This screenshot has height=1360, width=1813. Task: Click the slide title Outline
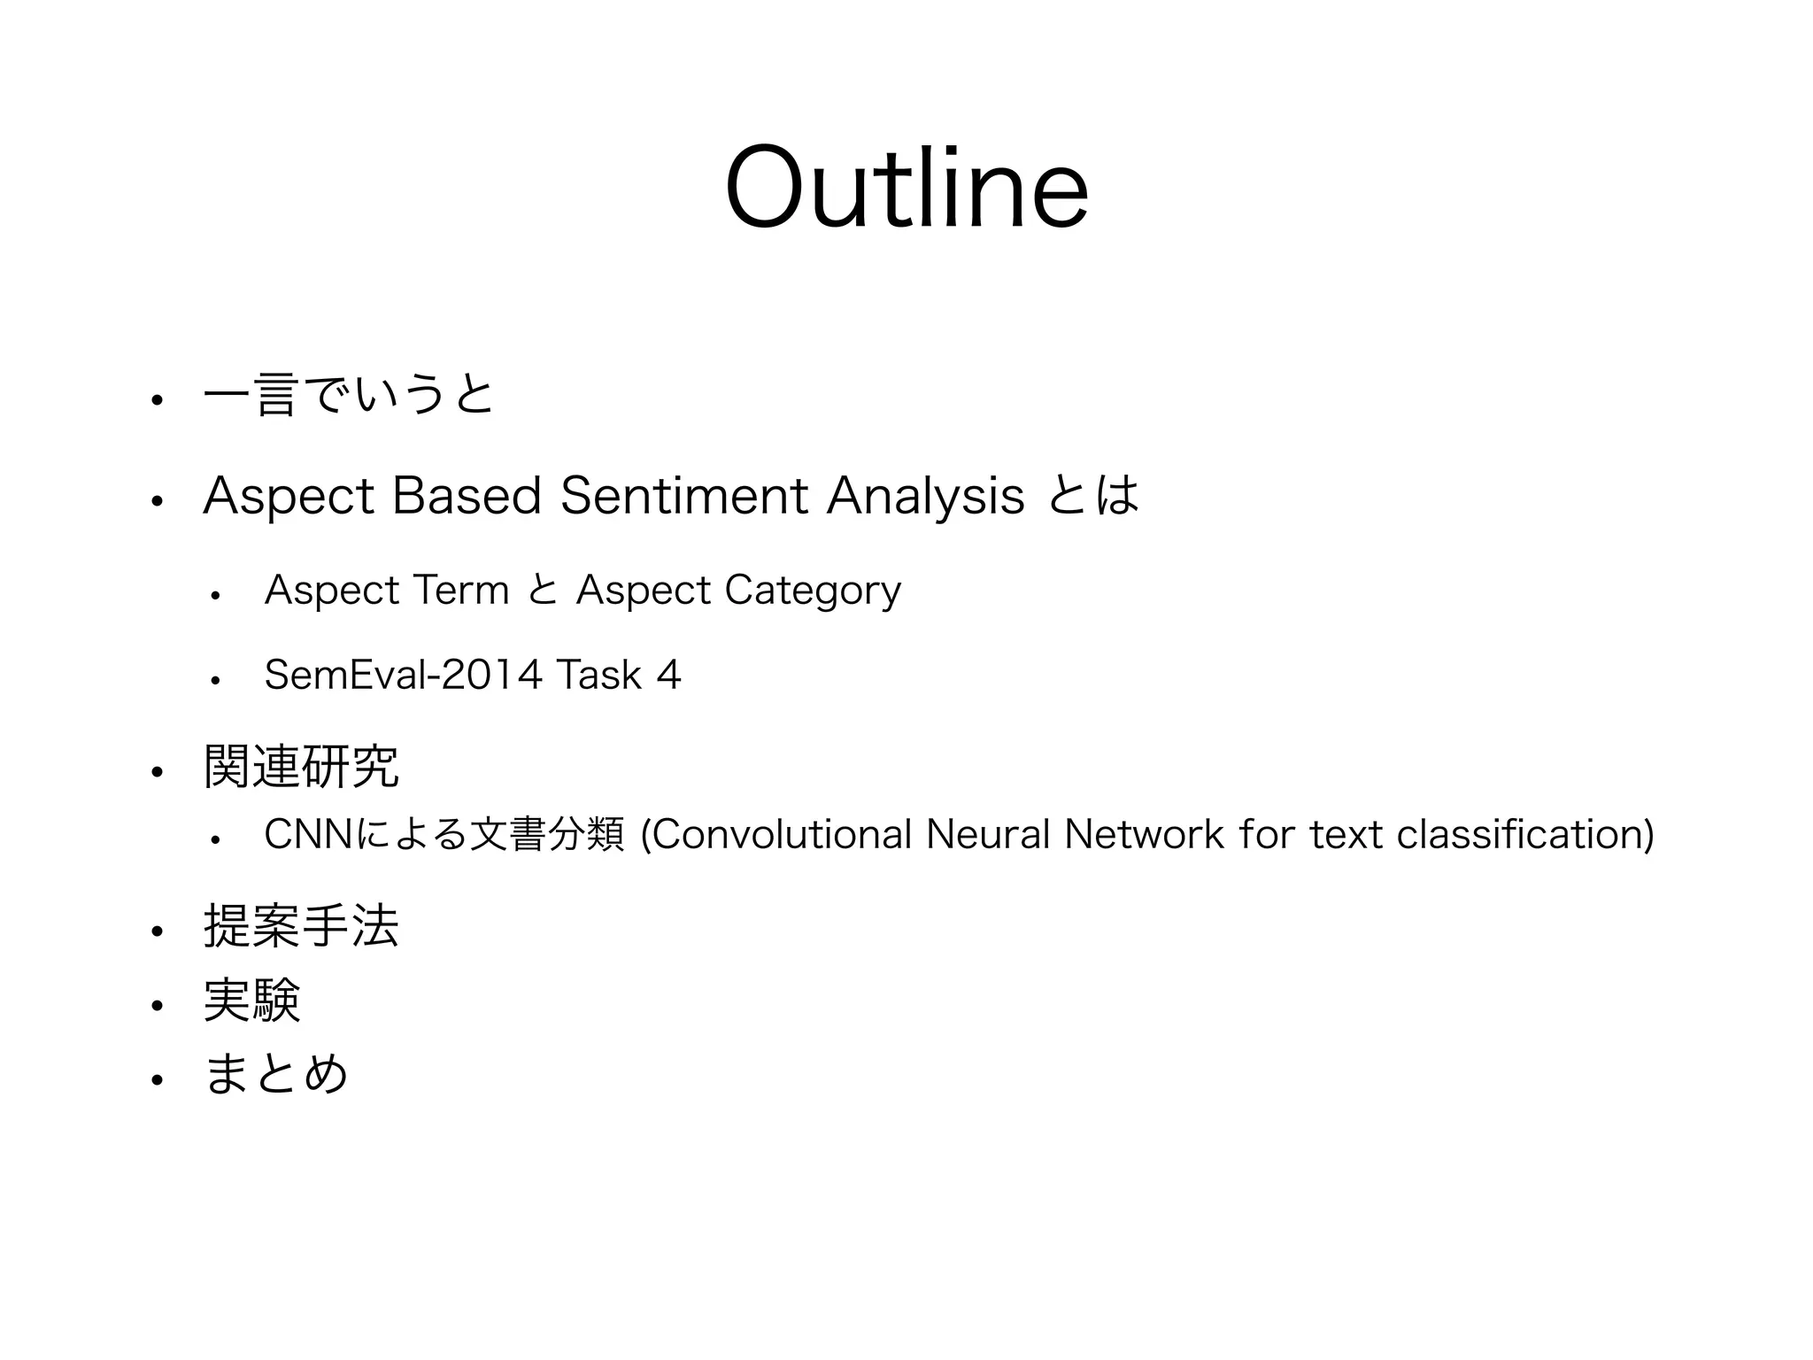pos(906,188)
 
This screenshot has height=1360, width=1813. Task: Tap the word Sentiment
pos(684,496)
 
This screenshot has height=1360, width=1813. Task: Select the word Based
pos(466,496)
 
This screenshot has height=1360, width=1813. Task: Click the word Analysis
pos(925,496)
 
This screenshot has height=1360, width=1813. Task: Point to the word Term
pos(461,591)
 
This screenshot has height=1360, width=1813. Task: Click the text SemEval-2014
pos(403,676)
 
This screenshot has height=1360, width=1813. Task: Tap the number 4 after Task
pos(668,676)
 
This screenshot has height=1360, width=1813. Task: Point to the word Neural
pos(987,834)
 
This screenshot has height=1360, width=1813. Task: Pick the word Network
pos(1145,834)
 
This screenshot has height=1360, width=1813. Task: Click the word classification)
pos(1524,834)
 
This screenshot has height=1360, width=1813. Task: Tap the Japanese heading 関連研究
pos(301,767)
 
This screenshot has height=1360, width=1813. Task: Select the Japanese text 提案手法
pos(301,927)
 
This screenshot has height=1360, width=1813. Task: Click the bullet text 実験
pos(252,1001)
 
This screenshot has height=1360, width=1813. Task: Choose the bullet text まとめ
pos(276,1075)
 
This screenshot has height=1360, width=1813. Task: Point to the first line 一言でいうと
pos(348,396)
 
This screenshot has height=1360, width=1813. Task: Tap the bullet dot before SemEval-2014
pos(215,680)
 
